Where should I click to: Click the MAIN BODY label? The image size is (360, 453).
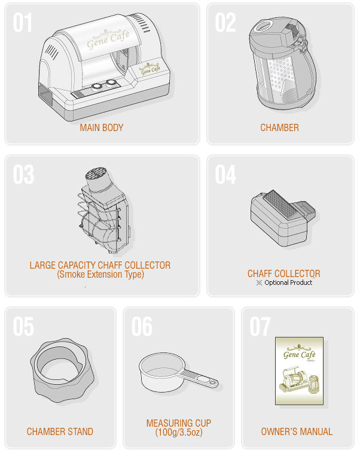coord(102,127)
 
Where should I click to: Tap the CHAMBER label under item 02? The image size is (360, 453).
coord(279,127)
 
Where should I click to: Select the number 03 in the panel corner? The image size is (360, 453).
coord(23,175)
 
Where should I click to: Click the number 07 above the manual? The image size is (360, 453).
coord(260,327)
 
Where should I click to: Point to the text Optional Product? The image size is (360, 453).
coord(288,282)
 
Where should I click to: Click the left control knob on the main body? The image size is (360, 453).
coord(96,87)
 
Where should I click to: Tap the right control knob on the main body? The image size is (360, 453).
coord(111,83)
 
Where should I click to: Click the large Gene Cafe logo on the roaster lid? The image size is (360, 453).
coord(108,38)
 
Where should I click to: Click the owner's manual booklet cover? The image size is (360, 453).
coord(299,370)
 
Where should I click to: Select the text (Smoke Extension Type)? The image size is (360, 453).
coord(100,274)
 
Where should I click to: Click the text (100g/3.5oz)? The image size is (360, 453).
coord(179,432)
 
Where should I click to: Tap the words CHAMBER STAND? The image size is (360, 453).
coord(60,431)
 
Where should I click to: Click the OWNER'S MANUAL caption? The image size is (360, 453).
coord(297,431)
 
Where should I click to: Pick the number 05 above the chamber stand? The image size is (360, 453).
coord(23,327)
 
